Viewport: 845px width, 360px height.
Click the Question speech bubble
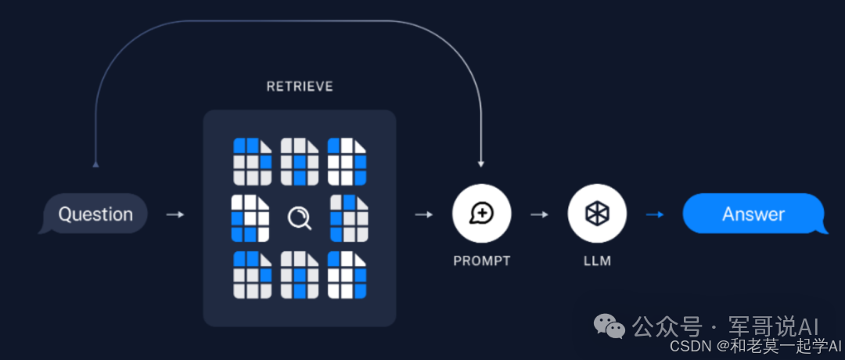pos(95,214)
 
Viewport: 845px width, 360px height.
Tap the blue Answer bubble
pos(753,214)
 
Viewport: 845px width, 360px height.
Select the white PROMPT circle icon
pos(481,213)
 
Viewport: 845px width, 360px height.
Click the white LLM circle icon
pos(597,213)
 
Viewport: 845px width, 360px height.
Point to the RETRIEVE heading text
pos(300,86)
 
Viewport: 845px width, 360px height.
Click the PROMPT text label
pos(481,261)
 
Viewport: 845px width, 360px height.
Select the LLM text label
pos(597,261)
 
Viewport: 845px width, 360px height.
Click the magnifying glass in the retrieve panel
pos(300,217)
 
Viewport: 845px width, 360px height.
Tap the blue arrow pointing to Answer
pos(654,214)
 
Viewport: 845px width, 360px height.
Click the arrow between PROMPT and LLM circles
pos(539,214)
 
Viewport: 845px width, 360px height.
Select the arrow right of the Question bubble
pos(175,214)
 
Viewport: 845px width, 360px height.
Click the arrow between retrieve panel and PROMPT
pos(423,214)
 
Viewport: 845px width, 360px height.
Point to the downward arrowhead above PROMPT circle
pos(481,164)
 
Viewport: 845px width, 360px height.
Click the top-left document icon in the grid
pos(252,161)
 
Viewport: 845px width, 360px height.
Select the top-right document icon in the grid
pos(346,161)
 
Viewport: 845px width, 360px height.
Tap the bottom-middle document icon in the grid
pos(300,275)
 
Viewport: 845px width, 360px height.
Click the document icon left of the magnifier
pos(250,218)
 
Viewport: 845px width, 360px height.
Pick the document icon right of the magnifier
pos(348,218)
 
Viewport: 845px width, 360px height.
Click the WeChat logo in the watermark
pos(609,325)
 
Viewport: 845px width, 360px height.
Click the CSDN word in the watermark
pos(686,345)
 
